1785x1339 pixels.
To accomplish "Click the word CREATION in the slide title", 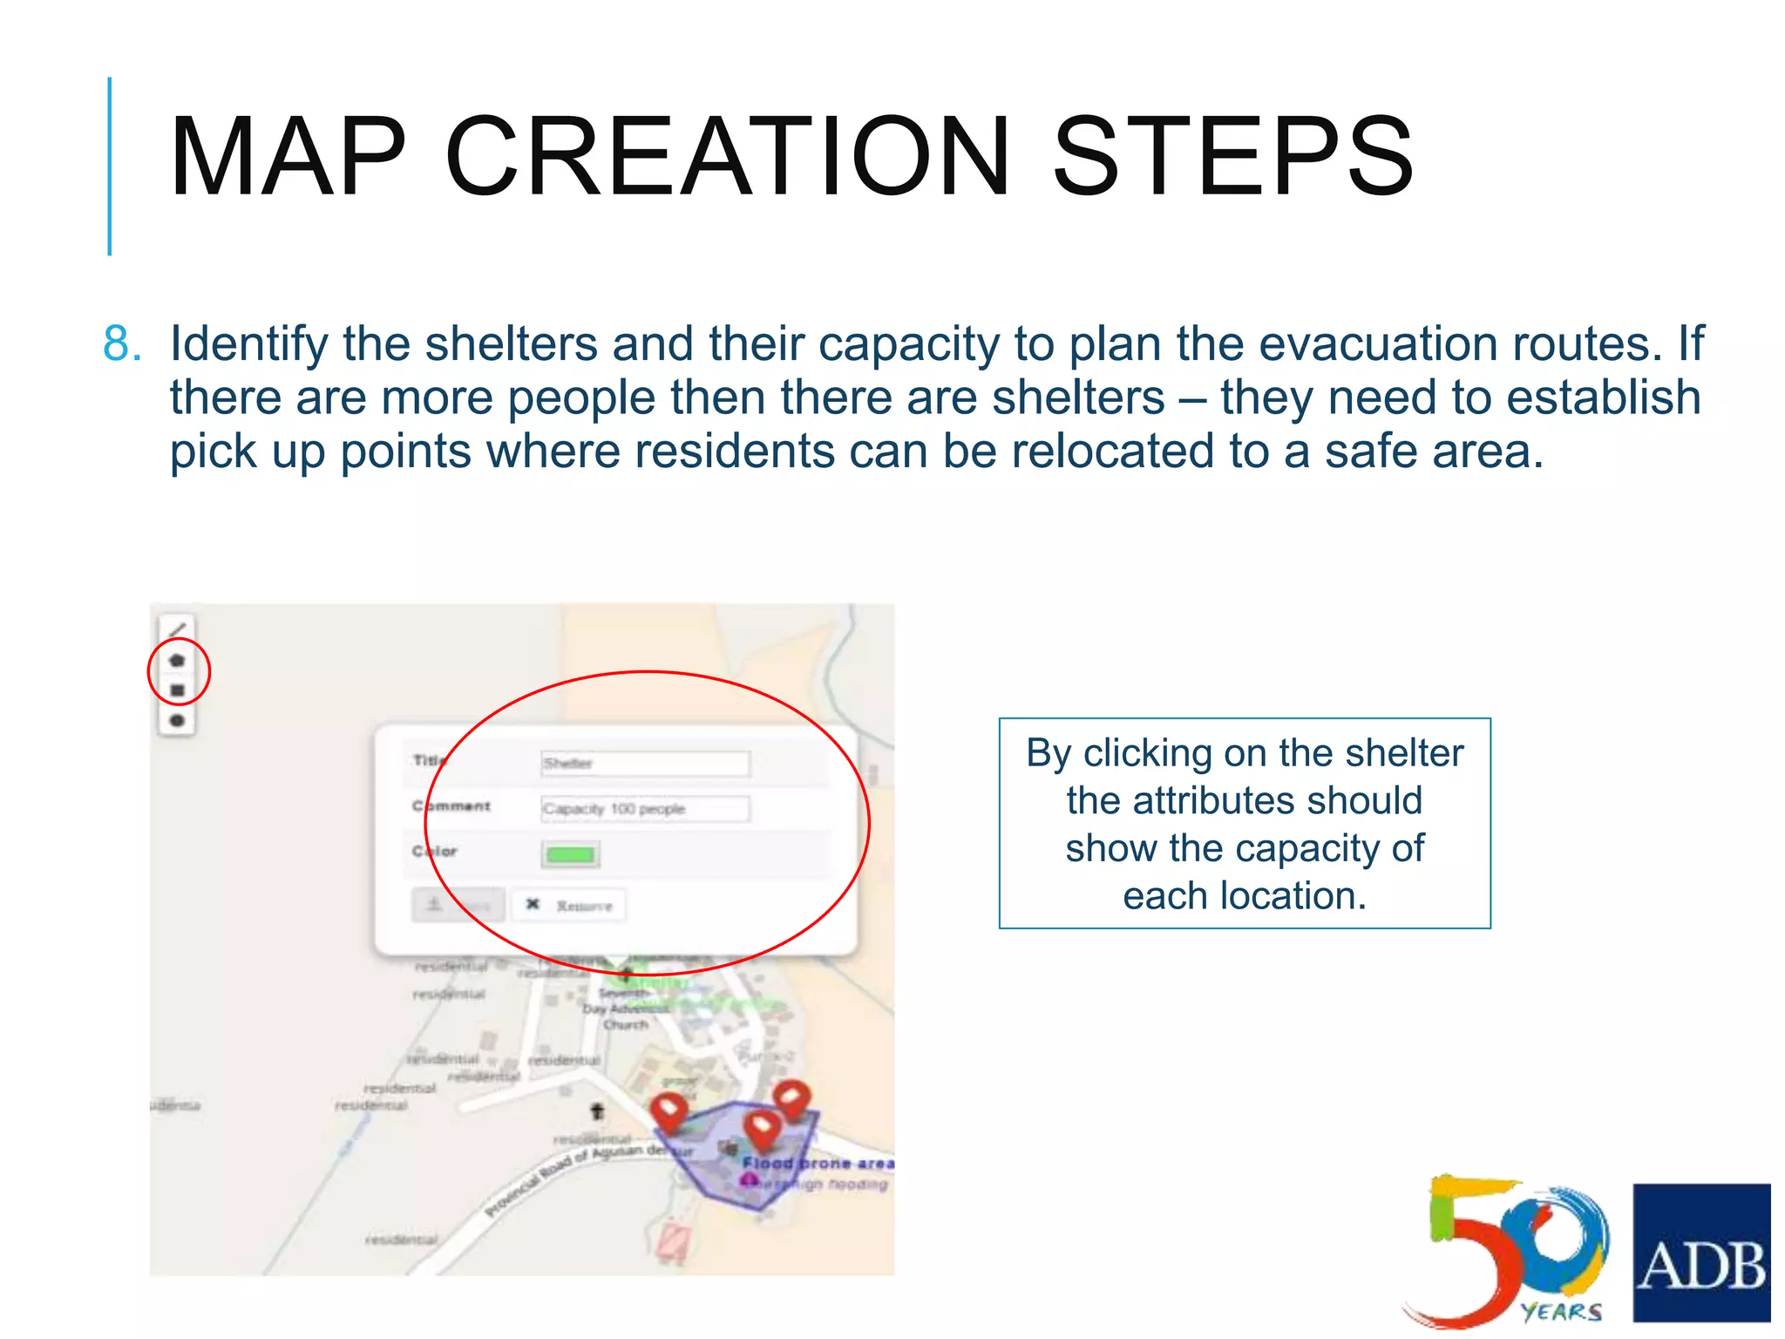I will (726, 157).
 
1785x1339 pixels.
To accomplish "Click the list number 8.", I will (121, 343).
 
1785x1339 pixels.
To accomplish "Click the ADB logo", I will (1700, 1253).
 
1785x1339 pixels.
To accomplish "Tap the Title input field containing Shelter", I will (644, 764).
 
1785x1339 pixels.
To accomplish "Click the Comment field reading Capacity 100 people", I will (644, 809).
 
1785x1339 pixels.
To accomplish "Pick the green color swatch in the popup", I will (570, 854).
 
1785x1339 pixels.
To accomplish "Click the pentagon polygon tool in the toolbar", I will (177, 660).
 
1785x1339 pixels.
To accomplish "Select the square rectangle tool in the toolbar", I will (177, 690).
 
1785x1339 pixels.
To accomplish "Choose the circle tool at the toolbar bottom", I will (177, 720).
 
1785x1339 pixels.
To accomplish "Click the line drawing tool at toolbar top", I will (177, 629).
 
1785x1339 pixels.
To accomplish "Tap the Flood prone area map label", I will (818, 1163).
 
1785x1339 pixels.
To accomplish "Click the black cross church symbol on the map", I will (597, 1111).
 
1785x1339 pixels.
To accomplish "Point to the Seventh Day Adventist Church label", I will (625, 1009).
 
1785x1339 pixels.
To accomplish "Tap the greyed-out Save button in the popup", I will (458, 905).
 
